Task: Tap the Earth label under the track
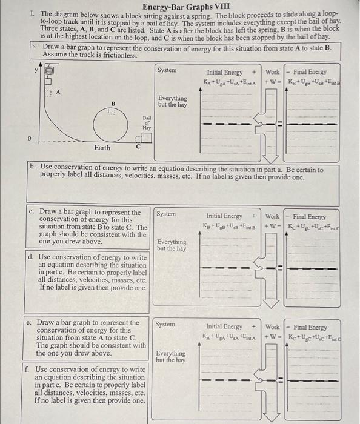click(x=102, y=147)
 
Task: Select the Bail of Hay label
click(x=147, y=124)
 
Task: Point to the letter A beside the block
click(x=59, y=93)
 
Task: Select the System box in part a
click(x=167, y=70)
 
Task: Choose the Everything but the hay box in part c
click(x=172, y=245)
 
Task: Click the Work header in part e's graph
click(x=272, y=326)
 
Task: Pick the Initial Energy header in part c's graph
click(x=224, y=216)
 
